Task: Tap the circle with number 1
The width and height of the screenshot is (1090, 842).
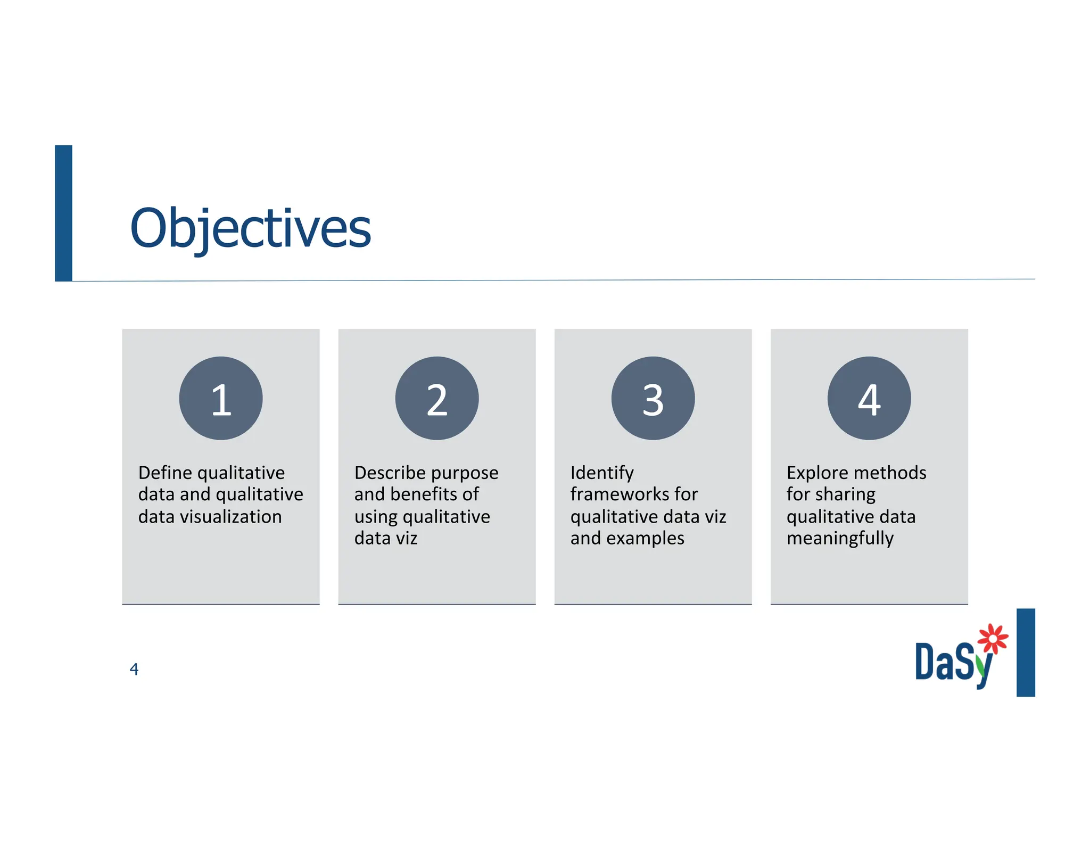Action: (221, 398)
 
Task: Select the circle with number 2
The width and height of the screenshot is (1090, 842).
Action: (437, 398)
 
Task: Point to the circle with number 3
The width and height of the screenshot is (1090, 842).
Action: (653, 398)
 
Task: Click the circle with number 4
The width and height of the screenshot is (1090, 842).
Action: (869, 398)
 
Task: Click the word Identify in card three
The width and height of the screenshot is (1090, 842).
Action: (602, 473)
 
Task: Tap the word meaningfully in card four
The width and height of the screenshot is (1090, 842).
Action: (840, 539)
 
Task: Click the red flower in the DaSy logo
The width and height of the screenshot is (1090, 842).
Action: (993, 638)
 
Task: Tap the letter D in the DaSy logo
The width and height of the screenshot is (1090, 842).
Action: (924, 662)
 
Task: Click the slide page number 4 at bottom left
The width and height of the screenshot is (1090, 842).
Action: (134, 669)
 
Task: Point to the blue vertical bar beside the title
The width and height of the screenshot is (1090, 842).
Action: (63, 213)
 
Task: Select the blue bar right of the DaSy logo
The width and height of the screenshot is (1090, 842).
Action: (1025, 652)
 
